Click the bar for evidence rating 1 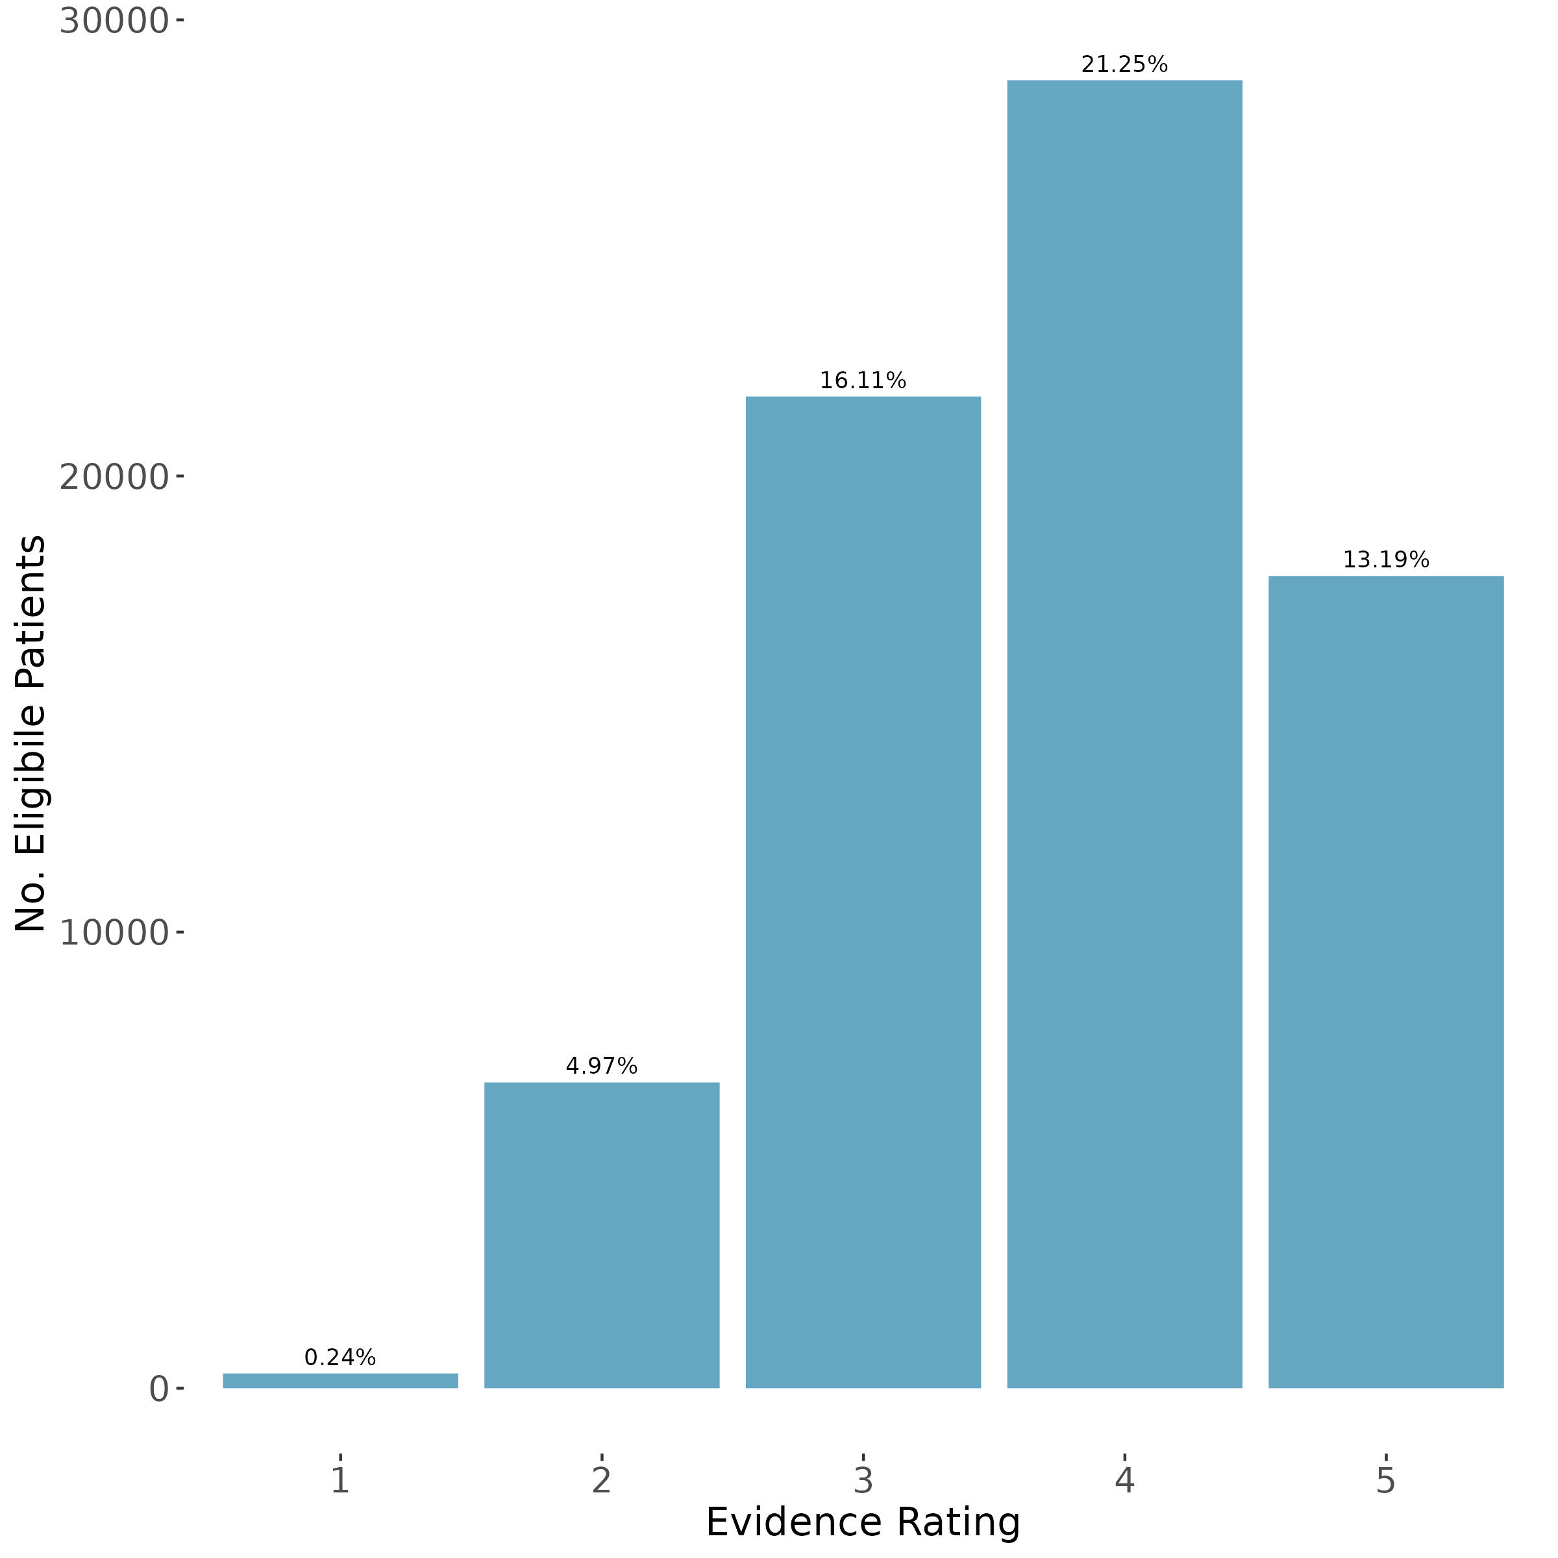click(340, 1381)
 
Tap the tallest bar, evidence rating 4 click(1124, 734)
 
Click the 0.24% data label click(340, 1358)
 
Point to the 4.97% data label click(602, 1067)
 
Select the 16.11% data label click(863, 380)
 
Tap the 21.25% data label click(1124, 64)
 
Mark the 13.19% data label click(1385, 560)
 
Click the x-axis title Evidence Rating click(863, 1522)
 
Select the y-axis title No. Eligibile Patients click(31, 734)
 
